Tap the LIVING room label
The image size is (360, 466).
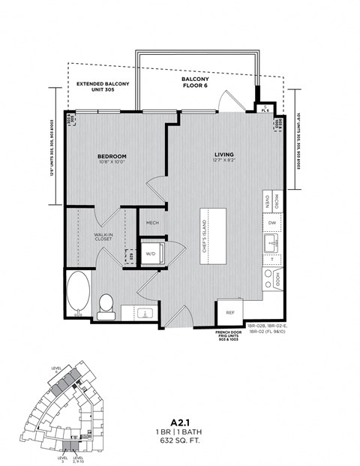pos(224,154)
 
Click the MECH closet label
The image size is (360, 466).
pos(152,223)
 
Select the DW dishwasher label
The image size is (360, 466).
pos(271,223)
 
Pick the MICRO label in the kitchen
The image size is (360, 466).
pos(277,202)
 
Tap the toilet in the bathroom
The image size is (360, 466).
pos(106,305)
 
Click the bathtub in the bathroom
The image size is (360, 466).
pos(77,295)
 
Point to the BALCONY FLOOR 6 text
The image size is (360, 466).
pos(194,83)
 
